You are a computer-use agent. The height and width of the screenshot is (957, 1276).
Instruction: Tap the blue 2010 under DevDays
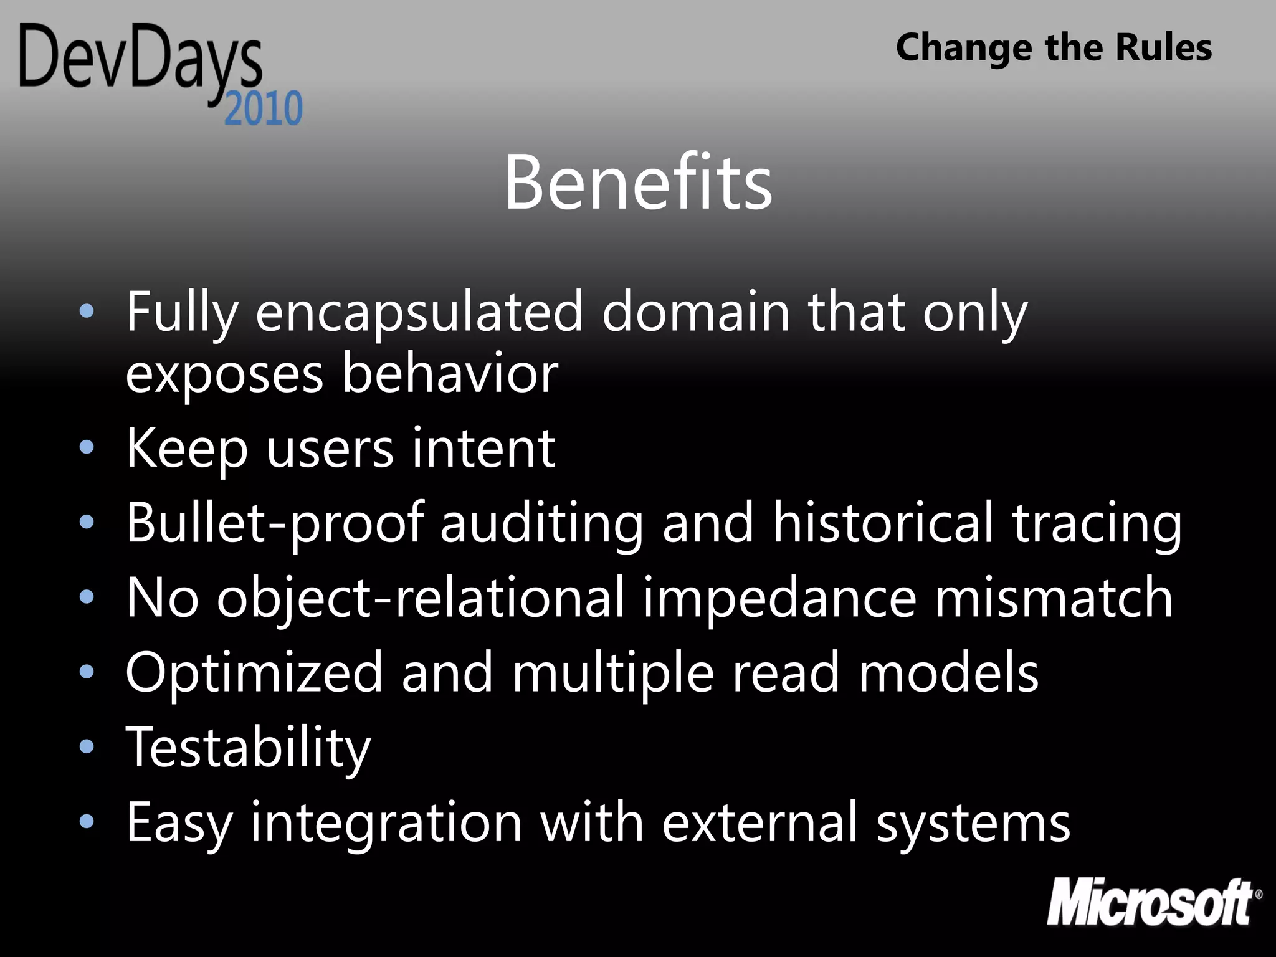264,108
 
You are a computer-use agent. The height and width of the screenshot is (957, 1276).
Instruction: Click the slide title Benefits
638,183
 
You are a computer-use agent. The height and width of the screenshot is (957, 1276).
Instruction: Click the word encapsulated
419,313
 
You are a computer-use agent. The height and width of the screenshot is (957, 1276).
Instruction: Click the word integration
386,824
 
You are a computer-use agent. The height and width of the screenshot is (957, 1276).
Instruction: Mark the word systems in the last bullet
973,824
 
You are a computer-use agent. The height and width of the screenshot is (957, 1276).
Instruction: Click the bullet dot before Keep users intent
87,447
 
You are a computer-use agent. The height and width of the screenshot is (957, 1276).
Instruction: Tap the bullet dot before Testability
87,746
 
